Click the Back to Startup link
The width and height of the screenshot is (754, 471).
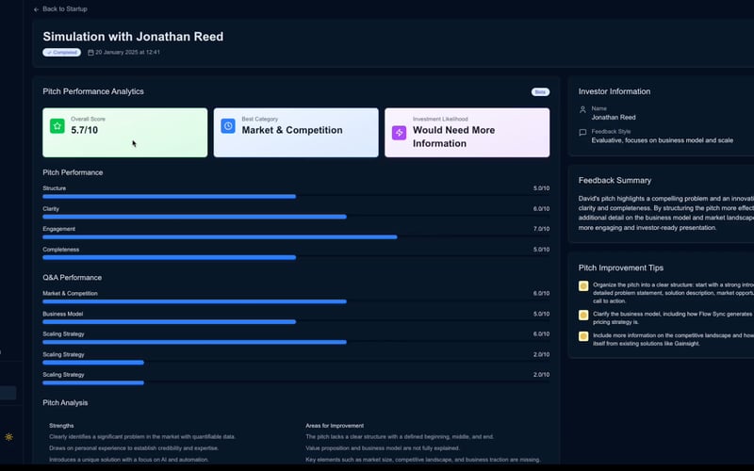[x=63, y=8]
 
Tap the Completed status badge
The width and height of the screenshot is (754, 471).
[x=61, y=53]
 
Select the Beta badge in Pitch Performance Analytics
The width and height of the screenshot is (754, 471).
[x=540, y=92]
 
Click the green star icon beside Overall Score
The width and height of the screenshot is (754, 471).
[x=57, y=126]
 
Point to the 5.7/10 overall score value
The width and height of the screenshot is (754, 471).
[x=85, y=131]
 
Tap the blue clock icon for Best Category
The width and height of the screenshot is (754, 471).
[x=228, y=126]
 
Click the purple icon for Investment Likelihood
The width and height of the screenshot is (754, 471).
[x=399, y=133]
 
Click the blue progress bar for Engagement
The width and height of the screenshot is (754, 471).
[x=220, y=237]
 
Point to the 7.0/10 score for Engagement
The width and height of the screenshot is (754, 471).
[x=541, y=229]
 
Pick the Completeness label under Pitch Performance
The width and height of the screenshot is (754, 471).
[x=61, y=249]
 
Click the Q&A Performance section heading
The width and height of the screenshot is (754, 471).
[x=72, y=278]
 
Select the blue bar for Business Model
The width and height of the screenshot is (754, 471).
[x=169, y=322]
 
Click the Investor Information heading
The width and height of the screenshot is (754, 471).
[x=615, y=91]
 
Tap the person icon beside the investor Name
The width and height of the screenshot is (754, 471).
[x=583, y=109]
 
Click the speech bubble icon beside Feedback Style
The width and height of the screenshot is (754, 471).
[x=583, y=133]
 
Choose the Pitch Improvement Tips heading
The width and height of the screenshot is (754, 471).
[x=621, y=268]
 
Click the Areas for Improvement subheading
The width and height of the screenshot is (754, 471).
[x=335, y=426]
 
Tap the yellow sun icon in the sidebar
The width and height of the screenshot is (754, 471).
[x=9, y=437]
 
